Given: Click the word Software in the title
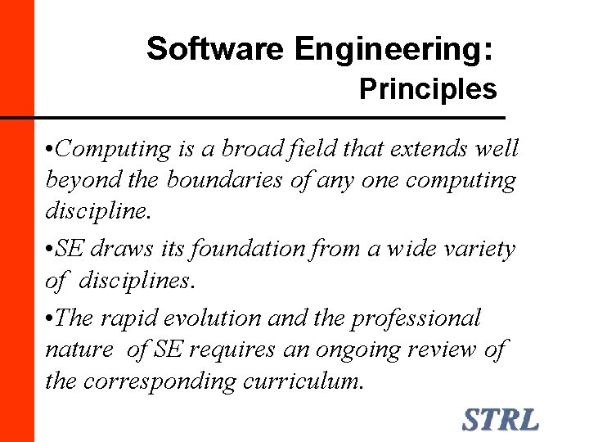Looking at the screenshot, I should [x=217, y=49].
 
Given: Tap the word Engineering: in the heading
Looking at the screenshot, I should [x=393, y=51].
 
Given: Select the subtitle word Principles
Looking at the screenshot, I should [x=428, y=89].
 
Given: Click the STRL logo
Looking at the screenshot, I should [x=501, y=420].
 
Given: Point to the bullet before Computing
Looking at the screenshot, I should [x=51, y=150].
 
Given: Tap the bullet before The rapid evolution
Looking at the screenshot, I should [x=51, y=318].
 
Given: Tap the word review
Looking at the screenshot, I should [x=443, y=350].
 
